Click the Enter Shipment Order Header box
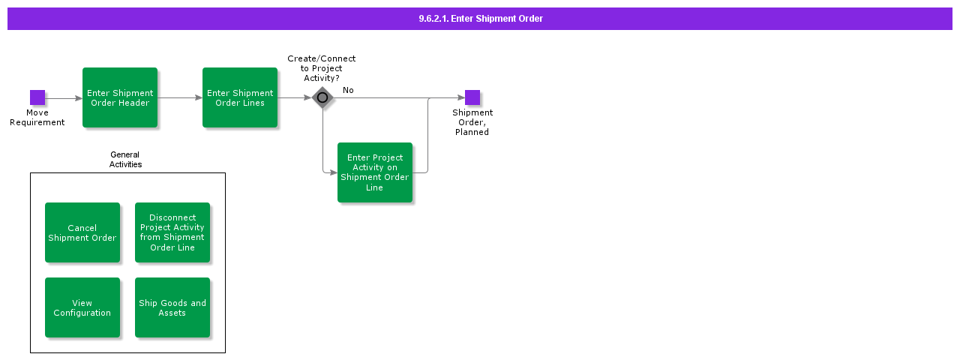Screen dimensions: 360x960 (120, 97)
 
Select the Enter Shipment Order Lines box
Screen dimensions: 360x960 (240, 97)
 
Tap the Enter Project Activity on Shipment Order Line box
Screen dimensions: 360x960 (375, 172)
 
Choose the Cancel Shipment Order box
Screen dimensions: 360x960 (82, 232)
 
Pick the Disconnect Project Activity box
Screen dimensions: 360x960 (172, 232)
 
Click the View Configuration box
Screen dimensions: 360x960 (82, 307)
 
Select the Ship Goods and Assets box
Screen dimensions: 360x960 (172, 307)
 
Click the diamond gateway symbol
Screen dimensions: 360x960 (322, 97)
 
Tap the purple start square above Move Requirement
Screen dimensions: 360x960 (37, 97)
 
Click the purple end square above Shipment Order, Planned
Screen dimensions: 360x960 (472, 97)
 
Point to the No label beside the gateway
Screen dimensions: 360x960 (348, 90)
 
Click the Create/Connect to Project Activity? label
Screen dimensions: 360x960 (322, 68)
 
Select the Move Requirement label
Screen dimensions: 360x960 (37, 118)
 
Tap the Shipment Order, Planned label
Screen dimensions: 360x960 (472, 122)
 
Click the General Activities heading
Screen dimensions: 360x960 (125, 160)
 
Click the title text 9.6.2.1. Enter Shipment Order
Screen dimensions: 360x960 (480, 19)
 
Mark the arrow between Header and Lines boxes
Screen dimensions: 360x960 (180, 97)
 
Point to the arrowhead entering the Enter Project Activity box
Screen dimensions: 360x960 (333, 172)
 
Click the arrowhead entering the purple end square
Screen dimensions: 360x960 (460, 97)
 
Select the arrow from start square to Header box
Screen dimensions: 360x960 (64, 97)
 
